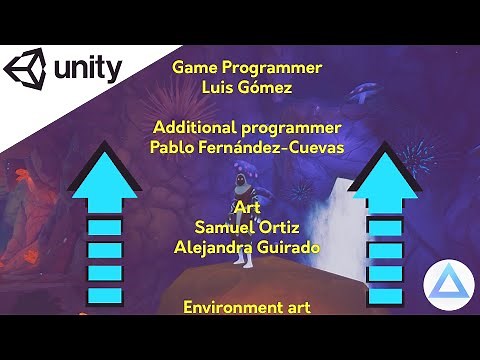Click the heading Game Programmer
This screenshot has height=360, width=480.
click(x=247, y=68)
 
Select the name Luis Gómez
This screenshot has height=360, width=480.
click(x=247, y=87)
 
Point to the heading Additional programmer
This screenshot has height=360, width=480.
click(x=246, y=128)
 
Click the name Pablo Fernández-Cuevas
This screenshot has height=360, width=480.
click(x=246, y=147)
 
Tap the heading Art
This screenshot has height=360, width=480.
click(x=246, y=207)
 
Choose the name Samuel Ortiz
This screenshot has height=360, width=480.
click(x=246, y=226)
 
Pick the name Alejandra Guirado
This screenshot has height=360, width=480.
click(x=246, y=246)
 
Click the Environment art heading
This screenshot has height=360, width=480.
click(x=246, y=306)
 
